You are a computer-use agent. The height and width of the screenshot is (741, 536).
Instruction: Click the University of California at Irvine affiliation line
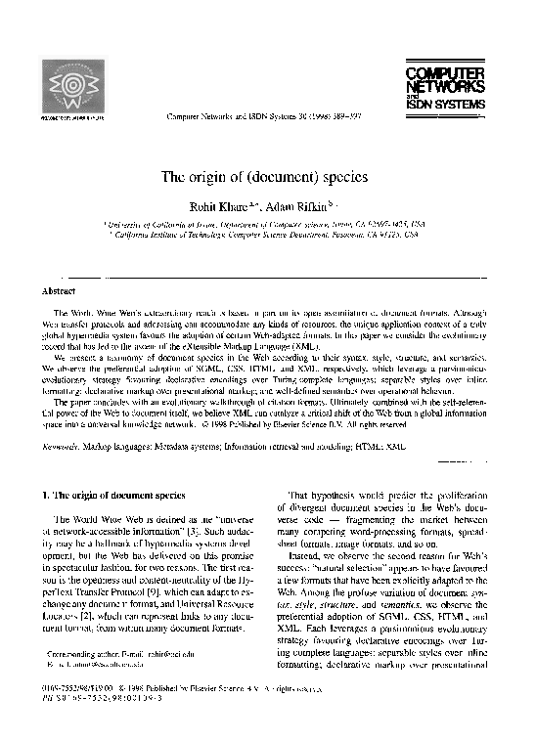267,224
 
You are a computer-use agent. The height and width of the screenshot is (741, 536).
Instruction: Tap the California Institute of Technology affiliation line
267,236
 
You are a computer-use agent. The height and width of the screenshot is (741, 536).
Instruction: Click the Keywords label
62,445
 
